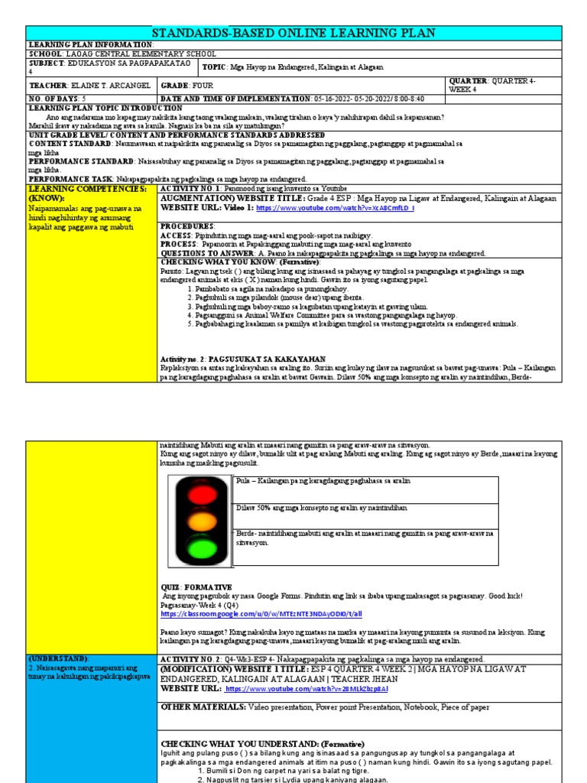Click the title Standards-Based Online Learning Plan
[293, 33]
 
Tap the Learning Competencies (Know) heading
[86, 192]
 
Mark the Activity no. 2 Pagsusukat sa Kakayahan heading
[243, 359]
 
